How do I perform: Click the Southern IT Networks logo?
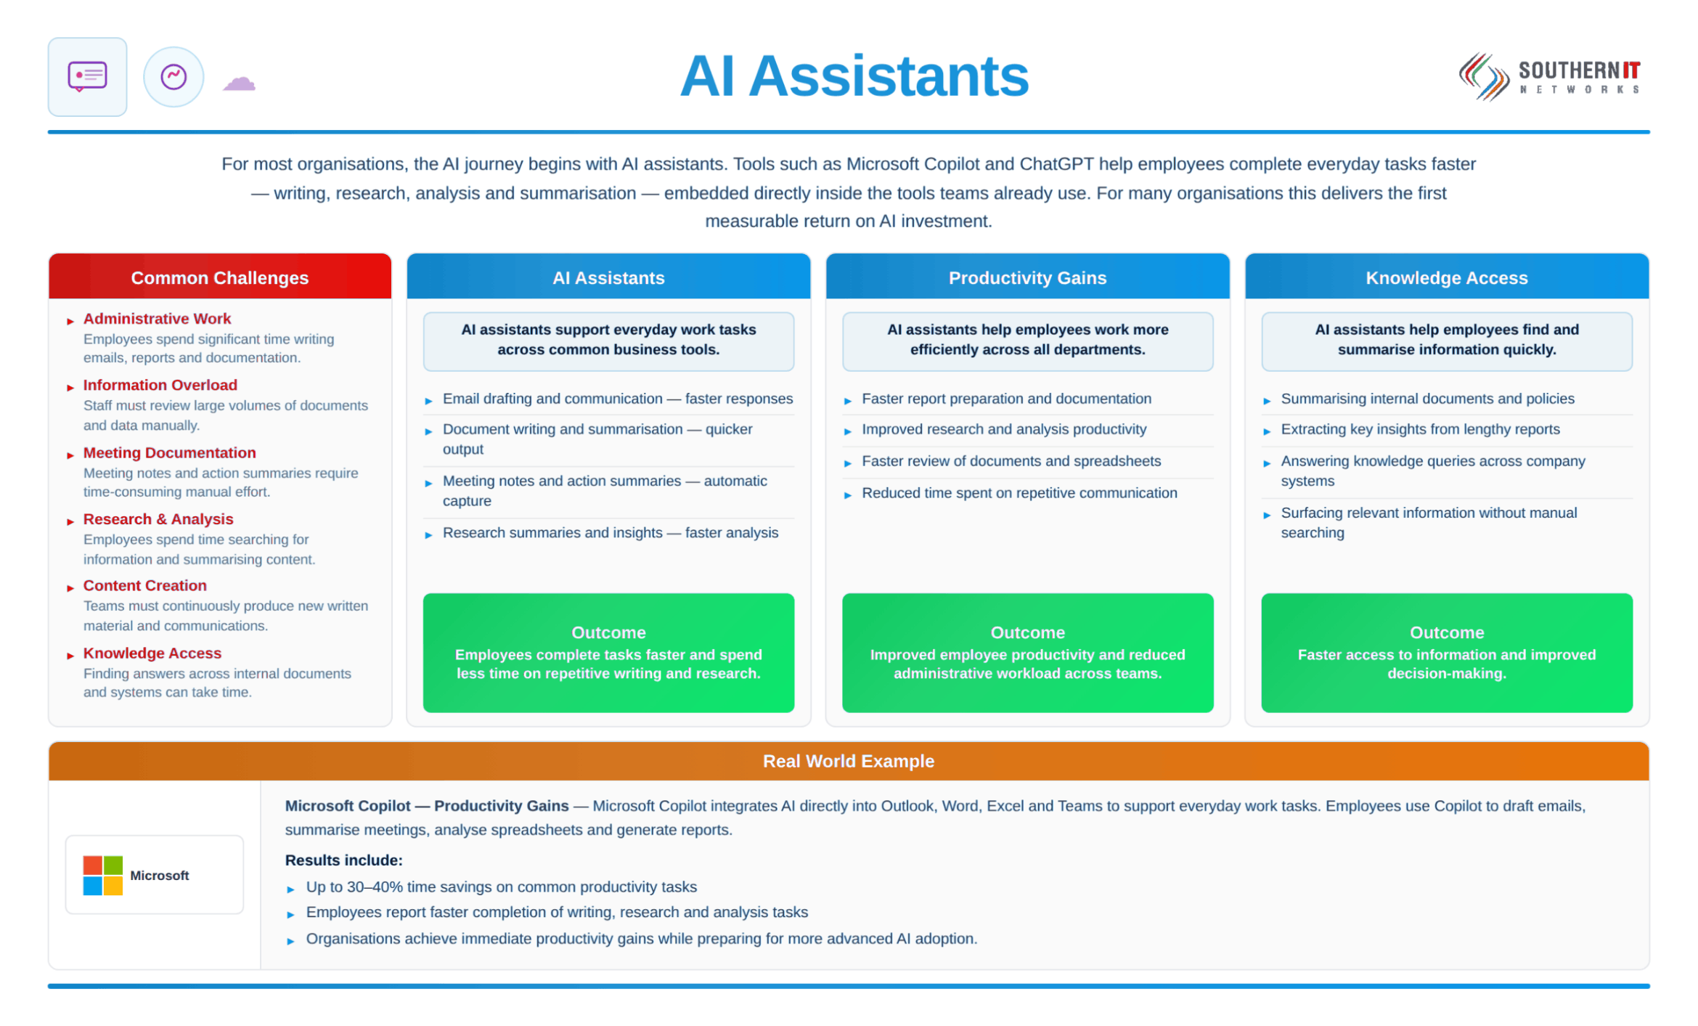click(1549, 76)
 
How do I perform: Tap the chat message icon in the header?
click(87, 76)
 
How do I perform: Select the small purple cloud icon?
click(239, 83)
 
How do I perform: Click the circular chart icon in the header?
click(174, 77)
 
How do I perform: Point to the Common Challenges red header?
click(220, 277)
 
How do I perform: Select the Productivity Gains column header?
click(1027, 277)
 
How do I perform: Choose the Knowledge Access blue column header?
click(1446, 277)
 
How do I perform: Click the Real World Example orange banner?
click(849, 760)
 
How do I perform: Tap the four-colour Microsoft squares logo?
click(102, 875)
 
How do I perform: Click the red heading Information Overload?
click(160, 385)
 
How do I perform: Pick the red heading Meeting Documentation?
click(169, 452)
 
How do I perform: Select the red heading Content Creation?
click(144, 585)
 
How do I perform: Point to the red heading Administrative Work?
click(157, 318)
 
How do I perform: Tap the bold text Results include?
click(343, 860)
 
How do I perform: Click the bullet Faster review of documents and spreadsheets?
click(1011, 461)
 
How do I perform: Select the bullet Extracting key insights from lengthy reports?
click(1419, 429)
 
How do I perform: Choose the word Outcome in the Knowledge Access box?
click(1446, 632)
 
